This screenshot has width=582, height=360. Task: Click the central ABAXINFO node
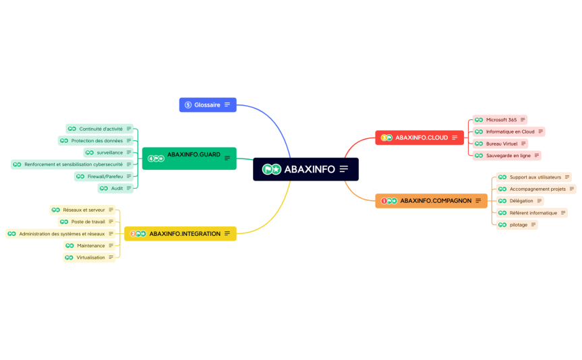tap(305, 169)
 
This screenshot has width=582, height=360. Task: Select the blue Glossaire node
tap(207, 104)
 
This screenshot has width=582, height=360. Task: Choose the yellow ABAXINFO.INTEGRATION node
tap(180, 234)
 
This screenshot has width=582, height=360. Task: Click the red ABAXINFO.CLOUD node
tap(419, 138)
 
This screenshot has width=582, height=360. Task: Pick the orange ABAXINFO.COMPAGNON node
tap(431, 200)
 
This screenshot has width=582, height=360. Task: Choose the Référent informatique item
tap(531, 213)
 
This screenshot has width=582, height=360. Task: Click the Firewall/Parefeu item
tap(104, 176)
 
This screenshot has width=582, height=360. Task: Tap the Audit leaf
tap(115, 188)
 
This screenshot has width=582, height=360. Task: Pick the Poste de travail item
tap(87, 221)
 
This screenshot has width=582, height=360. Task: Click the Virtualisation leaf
tap(90, 257)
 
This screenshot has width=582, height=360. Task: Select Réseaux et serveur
tap(82, 210)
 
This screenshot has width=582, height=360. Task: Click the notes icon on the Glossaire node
tap(227, 104)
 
